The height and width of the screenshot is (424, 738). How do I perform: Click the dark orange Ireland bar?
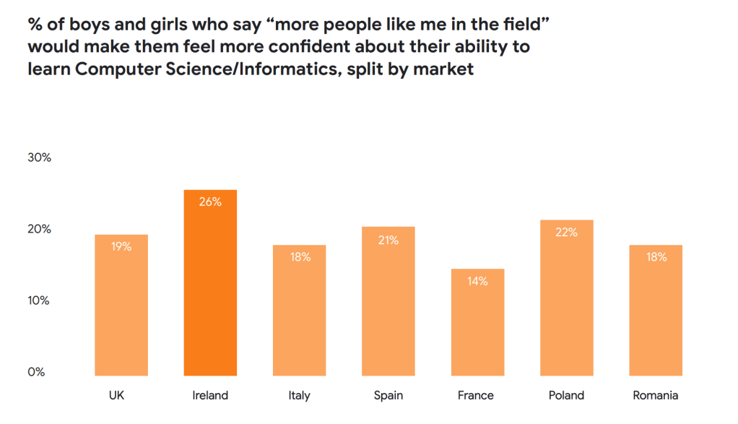pos(210,289)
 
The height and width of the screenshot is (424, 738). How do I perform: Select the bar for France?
pos(477,325)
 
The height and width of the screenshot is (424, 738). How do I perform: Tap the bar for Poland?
pos(566,303)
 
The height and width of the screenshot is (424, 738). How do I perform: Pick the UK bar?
pos(121,311)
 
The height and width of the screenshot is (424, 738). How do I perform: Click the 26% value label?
pos(210,202)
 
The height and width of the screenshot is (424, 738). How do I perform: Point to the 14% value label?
pos(477,281)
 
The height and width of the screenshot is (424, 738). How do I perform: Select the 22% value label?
pos(566,232)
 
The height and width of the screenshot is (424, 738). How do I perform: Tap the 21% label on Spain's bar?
pos(388,240)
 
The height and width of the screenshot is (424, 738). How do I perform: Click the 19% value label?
pos(121,246)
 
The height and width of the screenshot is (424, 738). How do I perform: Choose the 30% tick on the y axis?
pos(40,157)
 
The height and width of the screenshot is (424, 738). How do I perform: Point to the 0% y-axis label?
pos(38,372)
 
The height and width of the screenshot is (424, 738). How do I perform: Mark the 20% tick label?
pos(40,229)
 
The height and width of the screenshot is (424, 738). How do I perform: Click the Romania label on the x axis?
pos(655,395)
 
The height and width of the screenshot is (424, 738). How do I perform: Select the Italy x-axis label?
pos(299,395)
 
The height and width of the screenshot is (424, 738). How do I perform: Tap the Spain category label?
pos(388,395)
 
